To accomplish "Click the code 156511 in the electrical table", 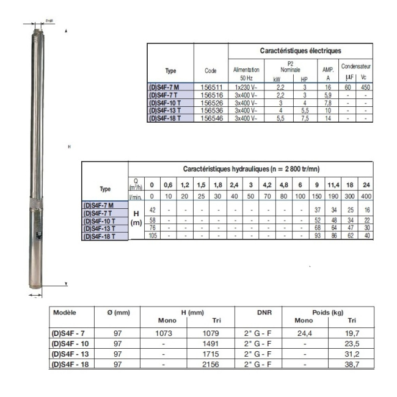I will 210,88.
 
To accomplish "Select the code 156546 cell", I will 210,117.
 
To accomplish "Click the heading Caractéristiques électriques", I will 300,51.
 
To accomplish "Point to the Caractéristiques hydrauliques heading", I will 250,168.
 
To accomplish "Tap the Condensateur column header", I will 356,65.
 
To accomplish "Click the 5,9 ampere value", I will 328,95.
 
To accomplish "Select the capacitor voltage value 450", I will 365,88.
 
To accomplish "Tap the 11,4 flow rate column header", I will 333,184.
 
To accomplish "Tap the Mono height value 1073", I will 163,334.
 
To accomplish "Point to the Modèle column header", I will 65,312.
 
